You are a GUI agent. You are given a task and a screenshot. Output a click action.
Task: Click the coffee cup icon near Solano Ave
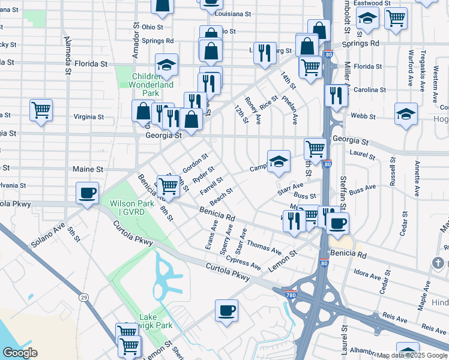[x=88, y=193]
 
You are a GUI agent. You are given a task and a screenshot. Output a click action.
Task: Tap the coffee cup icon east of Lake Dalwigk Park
[x=227, y=311]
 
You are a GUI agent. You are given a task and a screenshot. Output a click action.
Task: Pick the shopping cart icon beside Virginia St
[x=41, y=110]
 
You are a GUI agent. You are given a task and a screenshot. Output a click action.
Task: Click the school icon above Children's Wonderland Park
[x=166, y=65]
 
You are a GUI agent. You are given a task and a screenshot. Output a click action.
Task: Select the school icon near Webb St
[x=406, y=114]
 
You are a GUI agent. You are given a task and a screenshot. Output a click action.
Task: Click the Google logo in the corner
[x=20, y=352]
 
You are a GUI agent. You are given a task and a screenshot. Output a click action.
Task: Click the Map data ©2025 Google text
[x=412, y=355]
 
